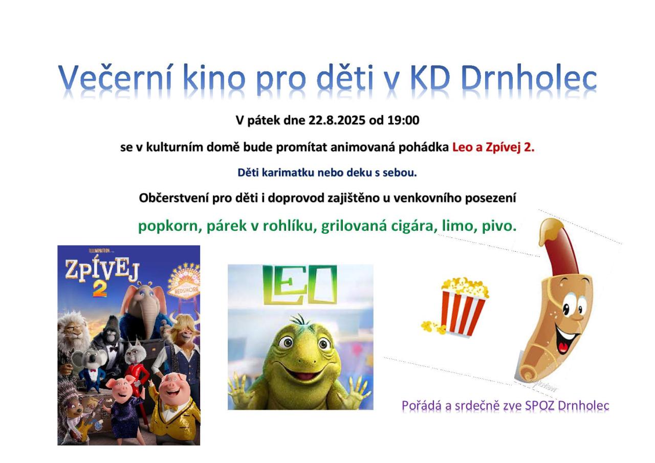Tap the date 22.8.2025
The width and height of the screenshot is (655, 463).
tap(337, 120)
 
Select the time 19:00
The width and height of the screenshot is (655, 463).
tap(403, 120)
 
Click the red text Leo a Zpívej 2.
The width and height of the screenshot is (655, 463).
tap(493, 147)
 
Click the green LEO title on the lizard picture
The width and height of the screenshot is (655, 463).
tap(300, 284)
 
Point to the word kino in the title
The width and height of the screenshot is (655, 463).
tap(214, 78)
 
